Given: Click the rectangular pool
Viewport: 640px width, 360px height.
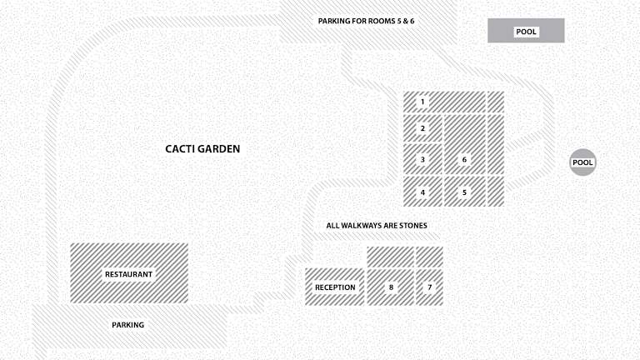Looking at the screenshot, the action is (526, 31).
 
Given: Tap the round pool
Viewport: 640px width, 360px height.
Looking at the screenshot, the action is (582, 162).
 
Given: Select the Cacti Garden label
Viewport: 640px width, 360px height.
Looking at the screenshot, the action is (202, 149).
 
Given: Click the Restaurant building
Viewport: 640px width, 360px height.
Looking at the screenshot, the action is (129, 273).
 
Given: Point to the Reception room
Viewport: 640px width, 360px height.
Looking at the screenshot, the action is (335, 287).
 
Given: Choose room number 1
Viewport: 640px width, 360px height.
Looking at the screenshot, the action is (444, 102).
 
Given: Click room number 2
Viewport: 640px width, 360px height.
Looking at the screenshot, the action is (422, 128).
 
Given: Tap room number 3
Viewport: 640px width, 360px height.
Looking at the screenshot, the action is (422, 159).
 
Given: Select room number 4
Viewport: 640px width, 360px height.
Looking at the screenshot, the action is (422, 192).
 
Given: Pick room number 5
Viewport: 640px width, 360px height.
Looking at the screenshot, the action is (464, 192).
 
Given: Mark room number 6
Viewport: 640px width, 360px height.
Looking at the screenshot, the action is (465, 144).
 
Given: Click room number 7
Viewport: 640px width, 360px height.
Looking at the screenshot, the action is (429, 287).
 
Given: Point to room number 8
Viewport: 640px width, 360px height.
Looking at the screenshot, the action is (391, 287).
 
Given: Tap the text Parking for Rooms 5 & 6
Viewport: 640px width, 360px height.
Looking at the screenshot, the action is (366, 21).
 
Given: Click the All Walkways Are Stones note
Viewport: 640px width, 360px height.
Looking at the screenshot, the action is (377, 225).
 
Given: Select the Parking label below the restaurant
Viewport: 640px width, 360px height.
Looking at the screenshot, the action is (127, 325).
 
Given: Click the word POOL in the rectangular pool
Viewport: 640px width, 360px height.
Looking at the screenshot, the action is (526, 32).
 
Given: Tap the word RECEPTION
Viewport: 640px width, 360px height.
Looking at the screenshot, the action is (335, 287).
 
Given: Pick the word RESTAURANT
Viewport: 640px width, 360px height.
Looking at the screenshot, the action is (128, 274).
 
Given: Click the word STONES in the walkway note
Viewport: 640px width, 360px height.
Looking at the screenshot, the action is (413, 225).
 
